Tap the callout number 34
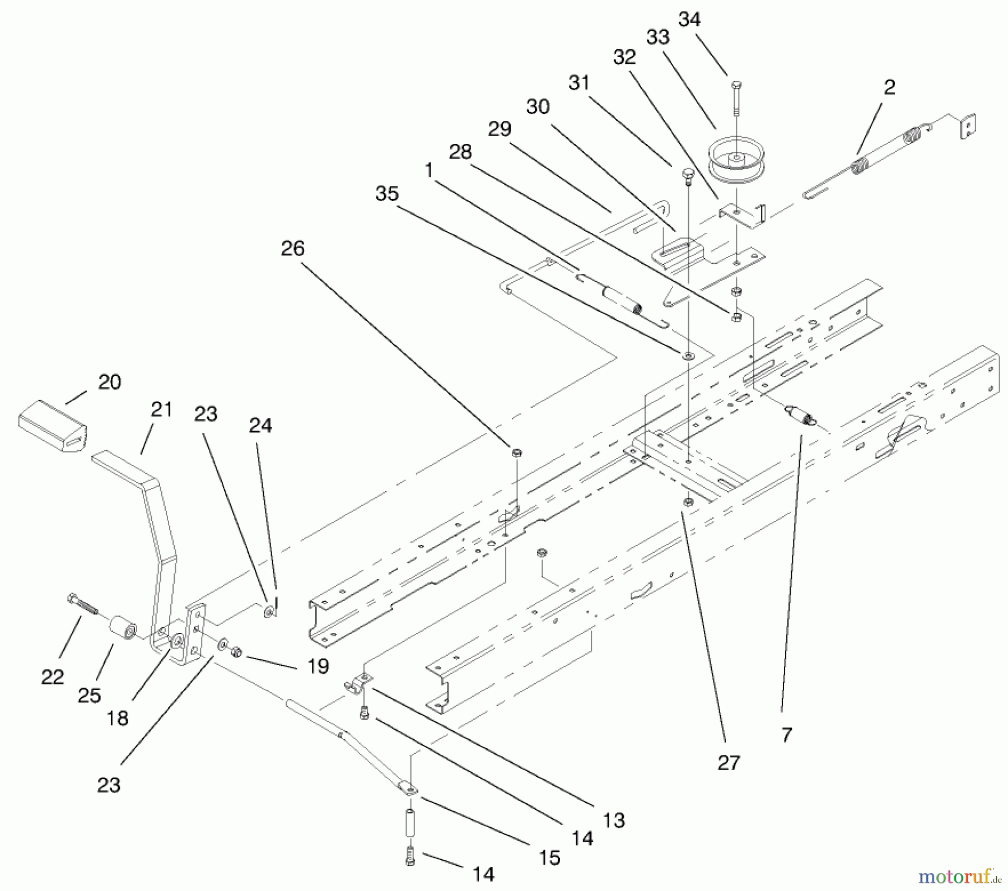(689, 20)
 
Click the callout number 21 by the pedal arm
(161, 409)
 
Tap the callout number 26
(292, 248)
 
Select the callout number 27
(729, 762)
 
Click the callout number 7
(787, 735)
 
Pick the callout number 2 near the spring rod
(889, 87)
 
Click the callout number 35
(387, 194)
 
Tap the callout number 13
(614, 820)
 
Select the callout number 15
(549, 857)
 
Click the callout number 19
(318, 666)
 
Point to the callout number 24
(260, 426)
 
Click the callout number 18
(118, 718)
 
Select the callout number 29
(500, 129)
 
